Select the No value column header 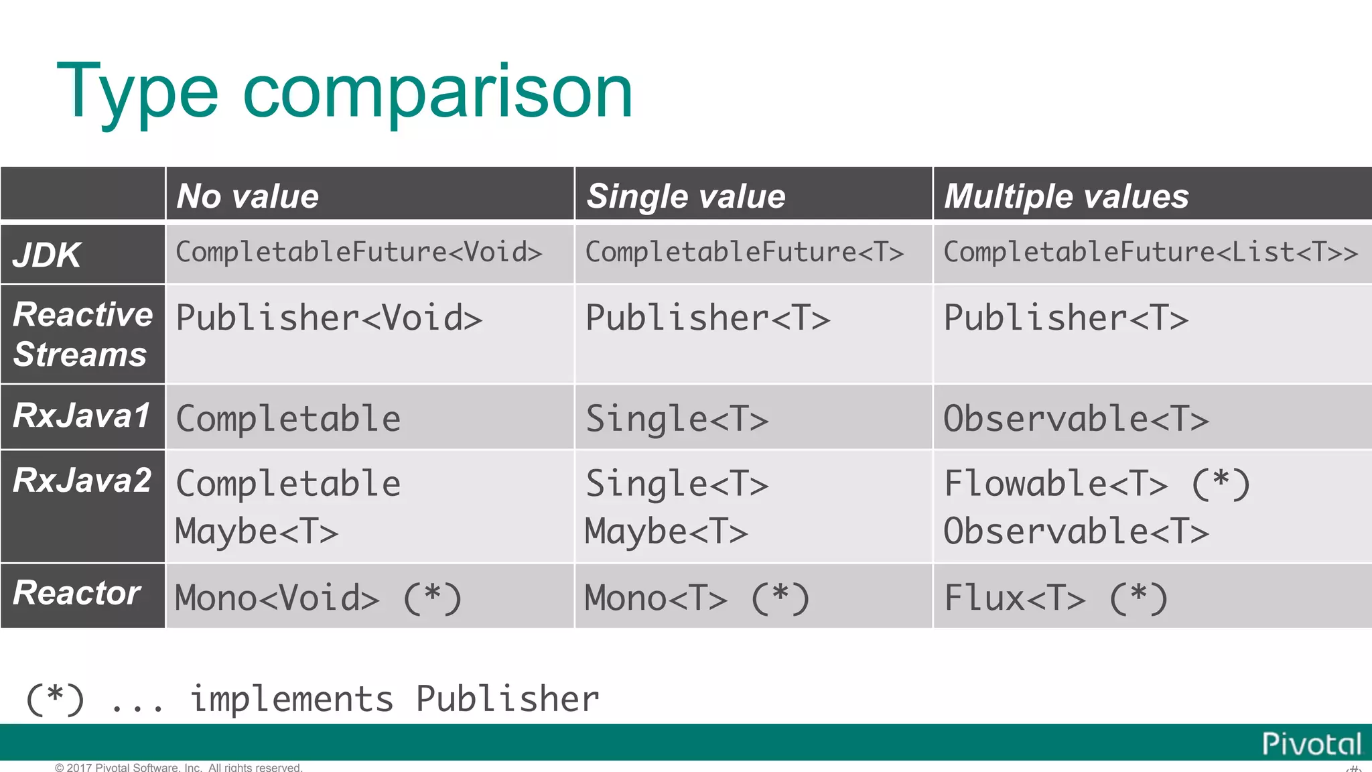(x=248, y=196)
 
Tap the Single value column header (x=686, y=196)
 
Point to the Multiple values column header (x=1066, y=196)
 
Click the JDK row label (x=47, y=255)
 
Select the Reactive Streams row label (x=82, y=334)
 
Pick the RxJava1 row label (x=82, y=415)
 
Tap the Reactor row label (x=76, y=593)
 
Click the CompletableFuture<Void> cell (x=358, y=253)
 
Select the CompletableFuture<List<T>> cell (x=1150, y=253)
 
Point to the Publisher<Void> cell (x=329, y=318)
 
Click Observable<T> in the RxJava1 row (x=1076, y=419)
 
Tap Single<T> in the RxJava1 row (x=677, y=419)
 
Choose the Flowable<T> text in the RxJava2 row (x=1056, y=484)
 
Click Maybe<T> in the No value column (x=257, y=532)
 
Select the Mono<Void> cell (x=277, y=598)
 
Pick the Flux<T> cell (x=1014, y=598)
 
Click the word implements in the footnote (x=291, y=699)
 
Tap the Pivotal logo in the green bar (x=1311, y=744)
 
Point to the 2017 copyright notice (x=179, y=767)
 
